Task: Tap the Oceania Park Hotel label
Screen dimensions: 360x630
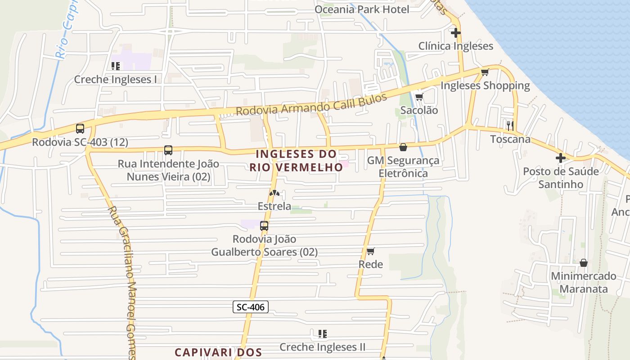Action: (362, 9)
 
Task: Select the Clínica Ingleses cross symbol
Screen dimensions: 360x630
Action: (456, 33)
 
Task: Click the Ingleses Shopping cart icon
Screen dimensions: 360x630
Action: (485, 72)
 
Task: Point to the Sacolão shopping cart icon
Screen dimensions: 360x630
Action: (419, 97)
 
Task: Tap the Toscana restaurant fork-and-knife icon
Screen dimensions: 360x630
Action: (510, 125)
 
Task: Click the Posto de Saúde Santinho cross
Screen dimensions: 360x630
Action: (560, 158)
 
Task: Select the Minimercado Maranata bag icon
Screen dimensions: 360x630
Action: (584, 263)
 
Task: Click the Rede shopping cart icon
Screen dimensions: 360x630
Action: (370, 251)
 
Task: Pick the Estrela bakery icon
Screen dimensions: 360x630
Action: (274, 193)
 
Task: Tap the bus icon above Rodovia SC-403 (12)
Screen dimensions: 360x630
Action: (80, 129)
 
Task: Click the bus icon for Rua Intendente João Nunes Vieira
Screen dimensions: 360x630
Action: (168, 150)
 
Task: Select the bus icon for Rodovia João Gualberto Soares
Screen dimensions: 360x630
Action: (264, 226)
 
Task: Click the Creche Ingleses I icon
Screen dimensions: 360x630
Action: (116, 66)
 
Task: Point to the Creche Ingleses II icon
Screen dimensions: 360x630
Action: (322, 334)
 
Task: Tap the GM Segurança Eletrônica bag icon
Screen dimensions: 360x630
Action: (403, 147)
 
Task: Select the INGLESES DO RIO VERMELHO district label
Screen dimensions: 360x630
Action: (296, 160)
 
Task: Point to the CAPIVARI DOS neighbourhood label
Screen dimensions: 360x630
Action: (218, 352)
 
